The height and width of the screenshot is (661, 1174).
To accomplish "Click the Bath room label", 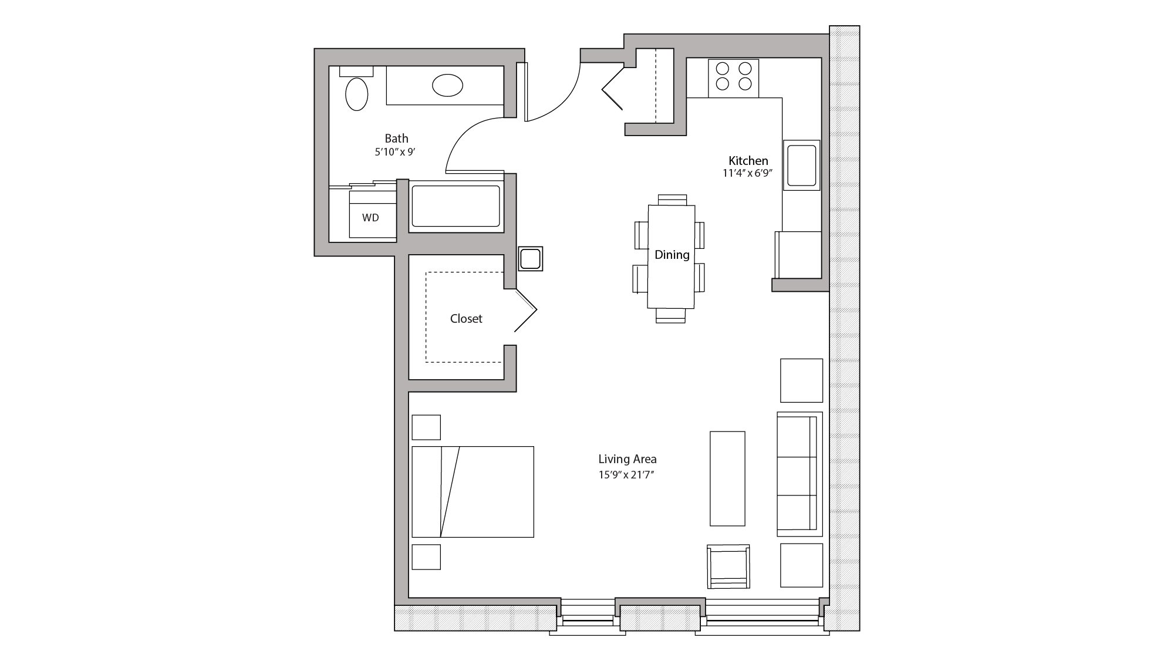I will coord(396,139).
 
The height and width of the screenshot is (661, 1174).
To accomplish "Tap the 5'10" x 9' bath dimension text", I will coord(395,152).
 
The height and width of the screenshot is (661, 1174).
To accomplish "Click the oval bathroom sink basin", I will coord(447,85).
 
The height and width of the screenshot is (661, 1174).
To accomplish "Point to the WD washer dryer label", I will coord(370,218).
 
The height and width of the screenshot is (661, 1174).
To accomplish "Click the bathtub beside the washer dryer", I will coord(456,206).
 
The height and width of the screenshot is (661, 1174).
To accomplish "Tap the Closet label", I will coord(466,319).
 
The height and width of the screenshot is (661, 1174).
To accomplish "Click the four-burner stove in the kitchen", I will coord(734,78).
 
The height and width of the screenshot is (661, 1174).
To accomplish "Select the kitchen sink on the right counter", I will coord(801,165).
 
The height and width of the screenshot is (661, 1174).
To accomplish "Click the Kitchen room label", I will coord(748,161).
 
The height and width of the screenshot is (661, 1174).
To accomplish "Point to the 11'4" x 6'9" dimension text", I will coord(747,174).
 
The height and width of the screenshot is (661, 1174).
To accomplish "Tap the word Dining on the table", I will coord(672,255).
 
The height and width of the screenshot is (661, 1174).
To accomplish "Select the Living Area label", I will coord(628,459).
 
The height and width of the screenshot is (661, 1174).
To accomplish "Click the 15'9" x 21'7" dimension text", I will coord(626,475).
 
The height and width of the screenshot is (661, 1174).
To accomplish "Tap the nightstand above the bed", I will coord(426,427).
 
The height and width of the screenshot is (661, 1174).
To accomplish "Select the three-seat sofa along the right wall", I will coord(798,474).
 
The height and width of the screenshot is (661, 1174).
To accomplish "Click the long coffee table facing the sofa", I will coord(727,478).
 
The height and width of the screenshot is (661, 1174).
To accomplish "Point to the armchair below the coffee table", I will coord(728,566).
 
